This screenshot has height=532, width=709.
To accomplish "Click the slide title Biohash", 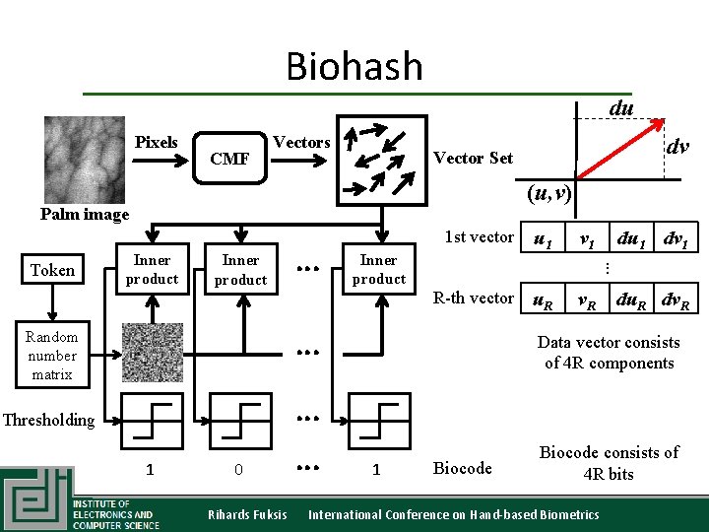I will pyautogui.click(x=354, y=67).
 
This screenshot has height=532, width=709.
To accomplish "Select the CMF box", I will pyautogui.click(x=229, y=159).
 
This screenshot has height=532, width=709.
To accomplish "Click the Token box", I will pyautogui.click(x=52, y=270).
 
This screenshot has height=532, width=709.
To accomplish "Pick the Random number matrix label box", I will pyautogui.click(x=52, y=356).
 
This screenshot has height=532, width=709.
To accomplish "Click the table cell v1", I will pyautogui.click(x=587, y=237).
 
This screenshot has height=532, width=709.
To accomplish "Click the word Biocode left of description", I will pyautogui.click(x=463, y=468).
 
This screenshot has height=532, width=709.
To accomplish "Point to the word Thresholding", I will pyautogui.click(x=49, y=420).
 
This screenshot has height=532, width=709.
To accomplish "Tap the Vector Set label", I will pyautogui.click(x=473, y=158).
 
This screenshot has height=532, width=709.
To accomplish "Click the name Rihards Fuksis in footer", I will pyautogui.click(x=247, y=514).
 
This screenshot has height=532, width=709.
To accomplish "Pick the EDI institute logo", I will pyautogui.click(x=36, y=499).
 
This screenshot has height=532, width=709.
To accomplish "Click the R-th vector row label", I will pyautogui.click(x=474, y=298).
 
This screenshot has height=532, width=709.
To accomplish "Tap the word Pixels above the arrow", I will pyautogui.click(x=156, y=142).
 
